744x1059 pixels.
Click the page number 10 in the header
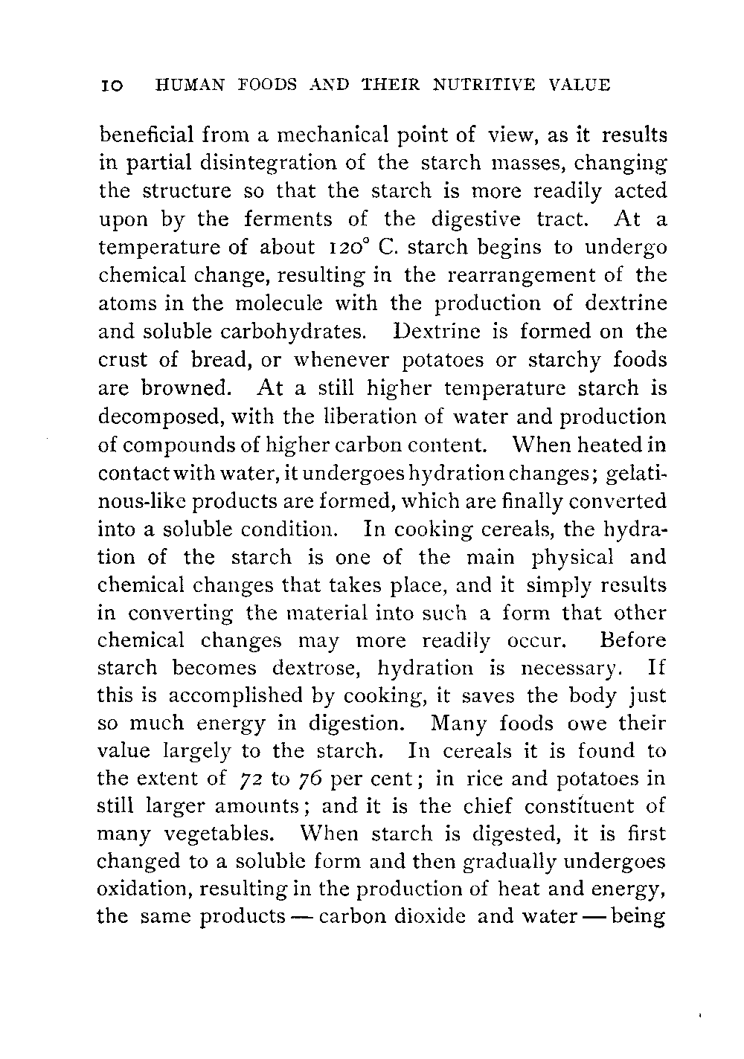tap(112, 86)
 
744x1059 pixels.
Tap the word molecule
tap(277, 303)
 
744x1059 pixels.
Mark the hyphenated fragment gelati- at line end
tap(636, 473)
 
